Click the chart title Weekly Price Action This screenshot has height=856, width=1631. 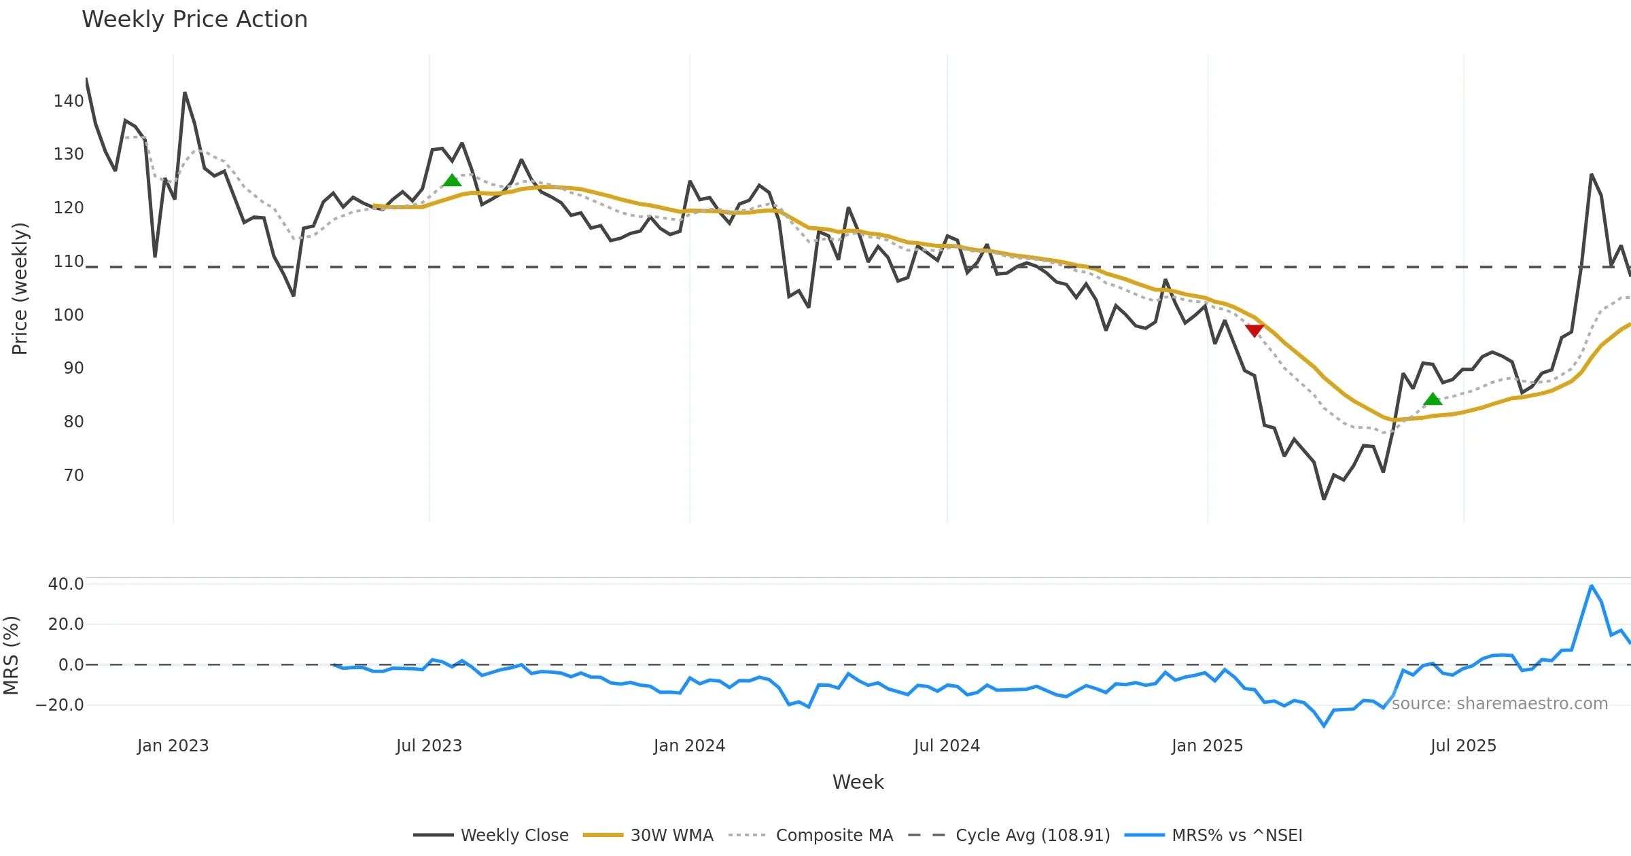(x=194, y=20)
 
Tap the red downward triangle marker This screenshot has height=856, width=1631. (x=1254, y=330)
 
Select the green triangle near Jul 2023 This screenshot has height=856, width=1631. (x=452, y=180)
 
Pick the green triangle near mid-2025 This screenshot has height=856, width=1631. (x=1433, y=399)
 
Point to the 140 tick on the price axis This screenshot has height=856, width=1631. (x=69, y=101)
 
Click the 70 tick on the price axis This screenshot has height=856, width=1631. (x=73, y=476)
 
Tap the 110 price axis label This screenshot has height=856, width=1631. (x=69, y=262)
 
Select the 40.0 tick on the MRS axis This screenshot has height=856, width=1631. (x=66, y=584)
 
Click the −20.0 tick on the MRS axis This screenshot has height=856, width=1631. (x=60, y=705)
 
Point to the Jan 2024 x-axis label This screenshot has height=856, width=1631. (x=689, y=746)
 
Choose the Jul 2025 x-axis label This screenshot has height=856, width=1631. (x=1463, y=746)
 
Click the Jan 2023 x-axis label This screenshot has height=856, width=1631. (x=173, y=746)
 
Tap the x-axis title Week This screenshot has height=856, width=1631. (x=858, y=783)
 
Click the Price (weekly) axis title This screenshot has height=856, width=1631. (x=20, y=289)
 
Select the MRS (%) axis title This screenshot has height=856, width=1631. (x=12, y=656)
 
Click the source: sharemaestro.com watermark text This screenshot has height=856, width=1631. (x=1499, y=704)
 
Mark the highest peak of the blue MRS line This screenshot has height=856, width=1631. (x=1592, y=586)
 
